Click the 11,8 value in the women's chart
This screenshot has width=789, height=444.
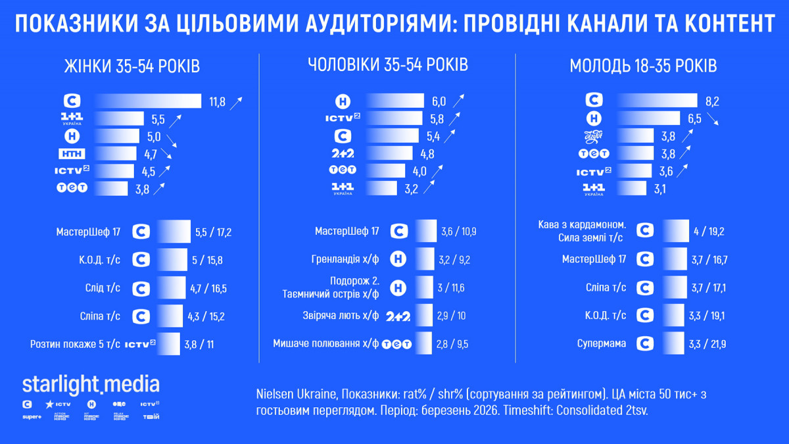[217, 101]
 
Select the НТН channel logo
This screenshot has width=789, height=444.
[72, 154]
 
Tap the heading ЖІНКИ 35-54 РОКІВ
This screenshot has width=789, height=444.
[131, 66]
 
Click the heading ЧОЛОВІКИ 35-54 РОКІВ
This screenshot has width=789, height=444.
[388, 65]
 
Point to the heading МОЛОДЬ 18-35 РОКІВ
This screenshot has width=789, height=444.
[643, 66]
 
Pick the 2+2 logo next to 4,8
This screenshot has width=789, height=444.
[343, 154]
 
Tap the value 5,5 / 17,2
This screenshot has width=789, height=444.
[214, 232]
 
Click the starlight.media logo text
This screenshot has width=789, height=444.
[91, 384]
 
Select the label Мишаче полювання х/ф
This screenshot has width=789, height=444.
[326, 343]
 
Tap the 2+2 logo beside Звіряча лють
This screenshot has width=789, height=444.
[398, 316]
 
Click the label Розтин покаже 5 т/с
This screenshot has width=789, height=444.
[75, 344]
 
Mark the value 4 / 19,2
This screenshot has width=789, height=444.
[709, 232]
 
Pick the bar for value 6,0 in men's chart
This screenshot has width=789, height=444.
[395, 101]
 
